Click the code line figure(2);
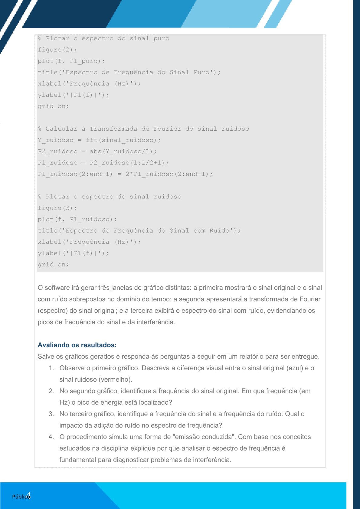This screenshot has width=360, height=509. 57,50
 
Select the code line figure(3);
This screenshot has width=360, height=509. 57,208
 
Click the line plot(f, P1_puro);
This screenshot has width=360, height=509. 71,61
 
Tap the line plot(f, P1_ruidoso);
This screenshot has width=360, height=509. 77,219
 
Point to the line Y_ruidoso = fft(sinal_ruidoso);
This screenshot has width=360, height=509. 99,140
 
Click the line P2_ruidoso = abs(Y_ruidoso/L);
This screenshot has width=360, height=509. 97,152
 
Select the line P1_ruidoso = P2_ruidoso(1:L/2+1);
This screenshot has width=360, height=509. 103,163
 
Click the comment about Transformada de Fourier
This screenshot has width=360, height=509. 144,129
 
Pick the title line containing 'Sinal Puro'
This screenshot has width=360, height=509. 129,72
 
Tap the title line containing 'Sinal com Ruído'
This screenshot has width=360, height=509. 139,231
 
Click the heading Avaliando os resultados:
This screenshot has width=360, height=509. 77,345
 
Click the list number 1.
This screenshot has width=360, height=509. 51,368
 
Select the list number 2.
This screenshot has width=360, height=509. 51,391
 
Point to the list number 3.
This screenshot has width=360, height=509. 51,414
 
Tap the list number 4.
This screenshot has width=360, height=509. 51,437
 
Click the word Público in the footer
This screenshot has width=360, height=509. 20,497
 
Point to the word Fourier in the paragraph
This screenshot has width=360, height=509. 310,299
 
